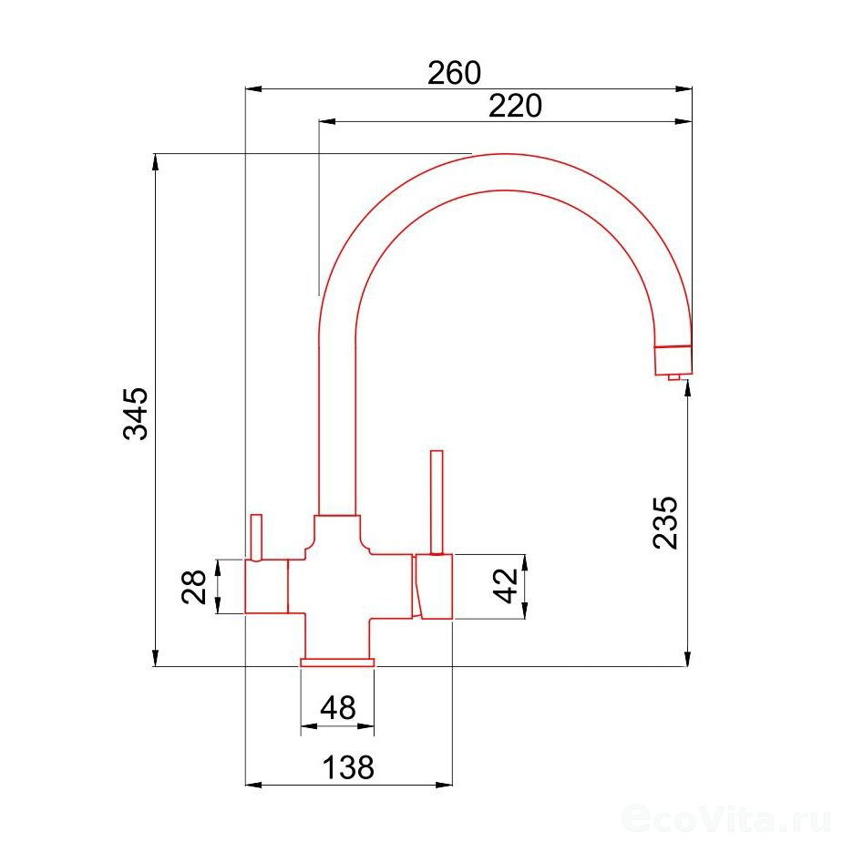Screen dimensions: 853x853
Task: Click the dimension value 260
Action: [x=454, y=73]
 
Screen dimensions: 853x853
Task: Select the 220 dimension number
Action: [x=515, y=106]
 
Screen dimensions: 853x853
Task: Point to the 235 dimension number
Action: [x=666, y=522]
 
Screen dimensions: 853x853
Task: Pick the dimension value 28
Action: [x=194, y=587]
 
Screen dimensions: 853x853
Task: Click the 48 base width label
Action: [x=338, y=708]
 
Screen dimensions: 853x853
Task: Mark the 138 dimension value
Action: [x=348, y=767]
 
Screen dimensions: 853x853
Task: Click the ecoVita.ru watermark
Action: [x=726, y=817]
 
